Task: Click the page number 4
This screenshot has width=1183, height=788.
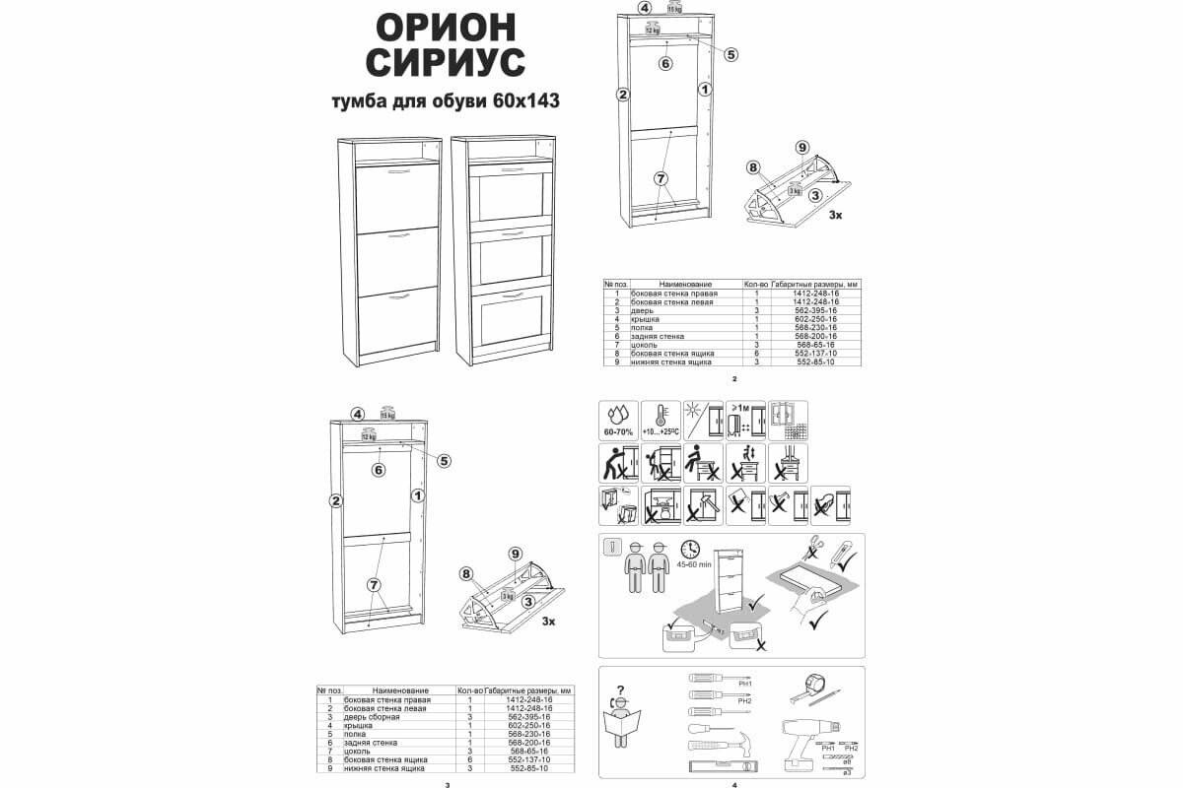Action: (x=734, y=785)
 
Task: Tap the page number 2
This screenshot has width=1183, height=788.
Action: (x=734, y=378)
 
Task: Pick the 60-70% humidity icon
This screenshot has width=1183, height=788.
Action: (x=619, y=421)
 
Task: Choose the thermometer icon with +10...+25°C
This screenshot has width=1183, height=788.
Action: (x=661, y=421)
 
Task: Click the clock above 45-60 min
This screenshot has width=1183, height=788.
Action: (x=690, y=549)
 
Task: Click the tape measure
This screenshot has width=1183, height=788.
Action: (x=817, y=682)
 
